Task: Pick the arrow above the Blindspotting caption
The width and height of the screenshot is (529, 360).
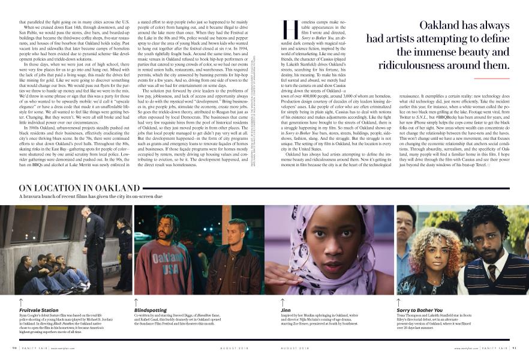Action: (x=137, y=301)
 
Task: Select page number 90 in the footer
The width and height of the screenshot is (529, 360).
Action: (x=13, y=347)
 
